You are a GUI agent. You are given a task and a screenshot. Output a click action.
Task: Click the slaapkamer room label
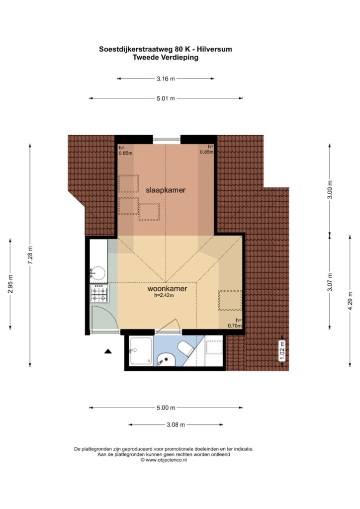166,190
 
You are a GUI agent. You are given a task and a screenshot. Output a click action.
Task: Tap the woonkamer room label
167,289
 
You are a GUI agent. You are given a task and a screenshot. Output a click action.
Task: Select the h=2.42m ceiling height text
164,295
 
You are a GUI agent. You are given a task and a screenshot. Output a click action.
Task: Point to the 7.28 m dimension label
30,255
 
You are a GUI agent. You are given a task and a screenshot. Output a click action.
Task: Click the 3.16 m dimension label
166,79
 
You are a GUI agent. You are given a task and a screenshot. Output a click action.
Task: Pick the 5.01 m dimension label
166,98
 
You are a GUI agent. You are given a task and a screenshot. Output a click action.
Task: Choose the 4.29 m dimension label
350,301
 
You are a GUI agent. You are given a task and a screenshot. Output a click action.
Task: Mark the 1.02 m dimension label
282,351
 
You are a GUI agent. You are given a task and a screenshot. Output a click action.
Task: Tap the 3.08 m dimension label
176,424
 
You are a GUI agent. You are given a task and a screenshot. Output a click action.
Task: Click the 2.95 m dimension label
10,284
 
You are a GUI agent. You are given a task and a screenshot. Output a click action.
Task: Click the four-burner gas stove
99,293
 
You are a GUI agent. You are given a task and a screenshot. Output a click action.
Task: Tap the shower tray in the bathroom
141,351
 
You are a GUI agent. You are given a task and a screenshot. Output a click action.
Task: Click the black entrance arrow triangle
108,351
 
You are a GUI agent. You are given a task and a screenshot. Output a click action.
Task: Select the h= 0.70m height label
235,323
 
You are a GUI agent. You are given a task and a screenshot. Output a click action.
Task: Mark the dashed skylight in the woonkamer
230,301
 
